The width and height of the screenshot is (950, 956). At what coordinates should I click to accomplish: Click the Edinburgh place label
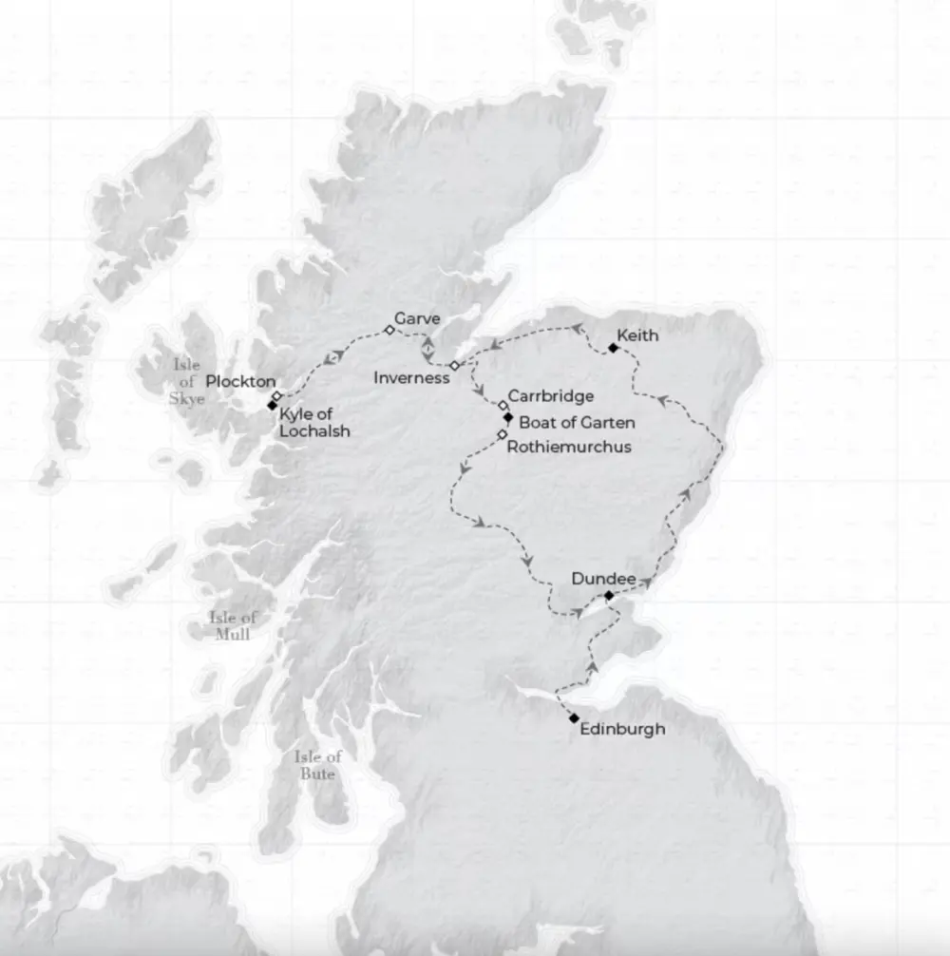click(622, 729)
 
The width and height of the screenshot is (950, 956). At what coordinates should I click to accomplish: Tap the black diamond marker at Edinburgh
click(574, 718)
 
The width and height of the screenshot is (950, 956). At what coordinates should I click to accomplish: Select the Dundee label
click(603, 577)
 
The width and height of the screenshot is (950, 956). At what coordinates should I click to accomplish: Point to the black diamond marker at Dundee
click(609, 595)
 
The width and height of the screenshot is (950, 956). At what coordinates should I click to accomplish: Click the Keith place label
click(637, 335)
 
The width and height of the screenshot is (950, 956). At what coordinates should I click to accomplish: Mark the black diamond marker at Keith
click(613, 348)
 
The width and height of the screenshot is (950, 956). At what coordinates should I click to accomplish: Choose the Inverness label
click(411, 378)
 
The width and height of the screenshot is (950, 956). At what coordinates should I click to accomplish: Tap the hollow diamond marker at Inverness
click(455, 366)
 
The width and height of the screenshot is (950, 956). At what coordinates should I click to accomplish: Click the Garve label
click(417, 319)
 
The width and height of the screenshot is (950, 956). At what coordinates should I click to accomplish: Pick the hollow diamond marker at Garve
click(389, 330)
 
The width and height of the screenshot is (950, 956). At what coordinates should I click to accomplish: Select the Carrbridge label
click(551, 395)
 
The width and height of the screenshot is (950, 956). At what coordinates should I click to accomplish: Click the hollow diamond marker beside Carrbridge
click(503, 405)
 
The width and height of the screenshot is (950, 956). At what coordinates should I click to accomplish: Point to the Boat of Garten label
click(578, 422)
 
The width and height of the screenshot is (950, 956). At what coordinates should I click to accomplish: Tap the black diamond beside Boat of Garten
click(508, 417)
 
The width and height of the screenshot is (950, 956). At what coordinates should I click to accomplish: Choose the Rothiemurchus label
click(569, 446)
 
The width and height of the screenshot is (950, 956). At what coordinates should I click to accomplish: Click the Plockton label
click(240, 381)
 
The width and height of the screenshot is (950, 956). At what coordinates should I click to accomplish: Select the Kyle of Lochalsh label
click(314, 423)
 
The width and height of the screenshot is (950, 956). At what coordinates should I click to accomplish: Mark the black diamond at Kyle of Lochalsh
click(273, 406)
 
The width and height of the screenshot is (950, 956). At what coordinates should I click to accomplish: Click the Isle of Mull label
click(233, 625)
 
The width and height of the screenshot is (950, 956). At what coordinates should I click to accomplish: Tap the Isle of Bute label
click(317, 765)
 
